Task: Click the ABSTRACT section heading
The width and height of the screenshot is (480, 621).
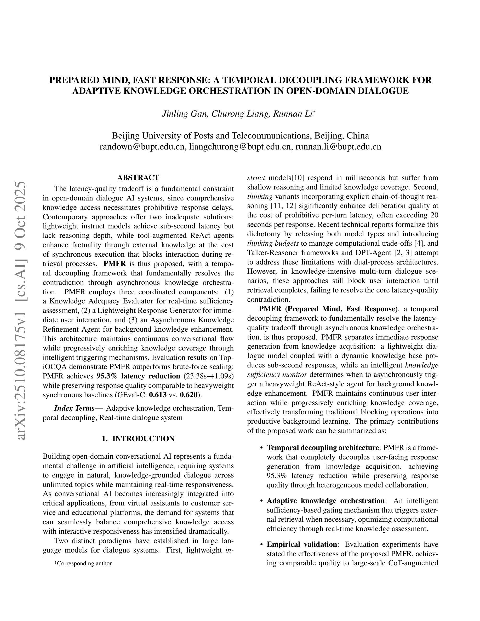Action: tap(138, 178)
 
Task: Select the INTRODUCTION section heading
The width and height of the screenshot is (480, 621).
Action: tap(138, 439)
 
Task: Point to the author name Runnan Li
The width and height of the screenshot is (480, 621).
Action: tap(293, 114)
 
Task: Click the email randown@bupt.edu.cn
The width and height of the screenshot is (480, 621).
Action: tap(142, 147)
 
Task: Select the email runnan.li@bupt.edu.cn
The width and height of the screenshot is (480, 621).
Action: tap(338, 147)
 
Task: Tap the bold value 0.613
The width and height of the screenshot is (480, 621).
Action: tap(158, 395)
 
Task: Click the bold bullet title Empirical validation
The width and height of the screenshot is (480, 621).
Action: tap(302, 544)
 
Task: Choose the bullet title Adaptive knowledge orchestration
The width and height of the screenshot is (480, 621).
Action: tap(325, 501)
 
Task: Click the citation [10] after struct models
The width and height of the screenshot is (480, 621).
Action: tap(298, 178)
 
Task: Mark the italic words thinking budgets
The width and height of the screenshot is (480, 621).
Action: tap(273, 243)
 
